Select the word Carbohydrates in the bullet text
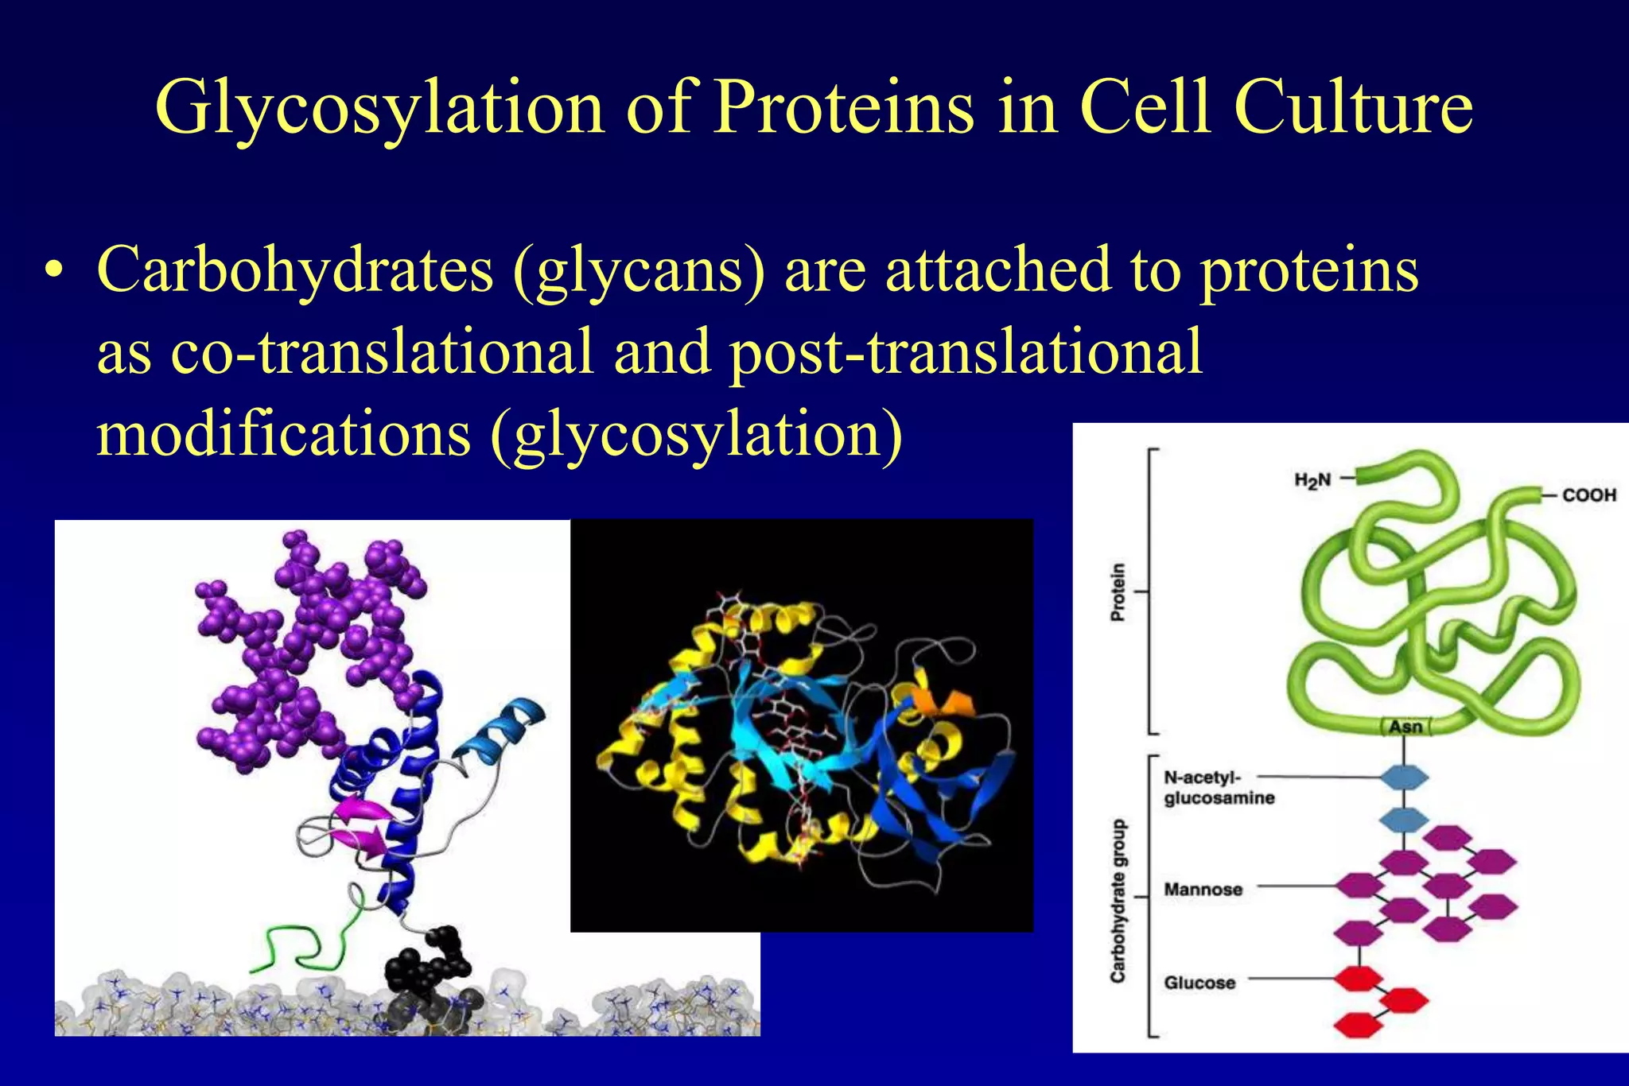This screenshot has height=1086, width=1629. click(294, 271)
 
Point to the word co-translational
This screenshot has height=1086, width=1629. click(382, 353)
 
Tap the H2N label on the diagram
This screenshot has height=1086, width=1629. click(1312, 480)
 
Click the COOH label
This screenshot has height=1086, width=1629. click(1588, 495)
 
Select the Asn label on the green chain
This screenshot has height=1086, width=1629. click(1405, 727)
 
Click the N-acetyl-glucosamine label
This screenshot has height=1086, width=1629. click(1218, 788)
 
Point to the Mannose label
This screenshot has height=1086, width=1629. click(1203, 890)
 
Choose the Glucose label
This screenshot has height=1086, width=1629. click(1199, 983)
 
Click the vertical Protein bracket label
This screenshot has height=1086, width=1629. click(1118, 592)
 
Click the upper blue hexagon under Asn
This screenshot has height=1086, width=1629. click(1404, 778)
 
